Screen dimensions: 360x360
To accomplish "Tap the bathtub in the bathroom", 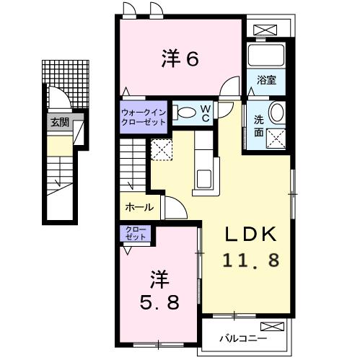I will coord(267,55).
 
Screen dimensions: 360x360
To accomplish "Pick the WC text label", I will coord(206,113).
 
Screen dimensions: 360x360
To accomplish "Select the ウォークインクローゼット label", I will coord(144,117).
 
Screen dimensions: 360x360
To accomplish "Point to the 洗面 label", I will coord(258,125).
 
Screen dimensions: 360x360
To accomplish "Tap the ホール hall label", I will coord(139,207).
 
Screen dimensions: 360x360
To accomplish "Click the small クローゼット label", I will coord(135,233).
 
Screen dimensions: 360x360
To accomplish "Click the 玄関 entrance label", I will coord(60,123).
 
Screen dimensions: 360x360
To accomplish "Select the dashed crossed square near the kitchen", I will coord(160,149).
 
